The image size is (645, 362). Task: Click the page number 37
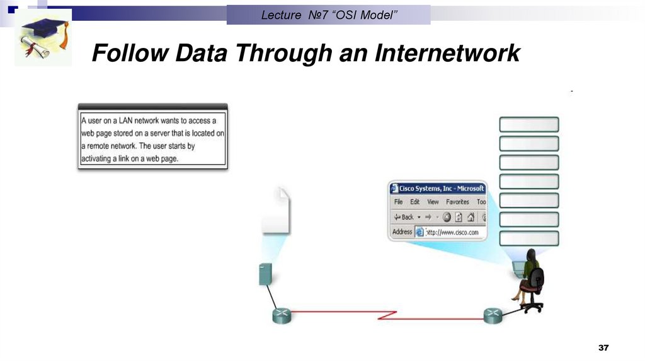604,349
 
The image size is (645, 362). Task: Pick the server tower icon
265,275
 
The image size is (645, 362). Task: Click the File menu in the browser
398,202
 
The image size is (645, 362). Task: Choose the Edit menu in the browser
414,202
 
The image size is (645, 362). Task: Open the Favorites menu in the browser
457,202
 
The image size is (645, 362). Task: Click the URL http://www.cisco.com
452,232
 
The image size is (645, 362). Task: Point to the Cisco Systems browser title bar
438,188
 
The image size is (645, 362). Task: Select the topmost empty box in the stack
528,124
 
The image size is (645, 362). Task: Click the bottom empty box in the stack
528,238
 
